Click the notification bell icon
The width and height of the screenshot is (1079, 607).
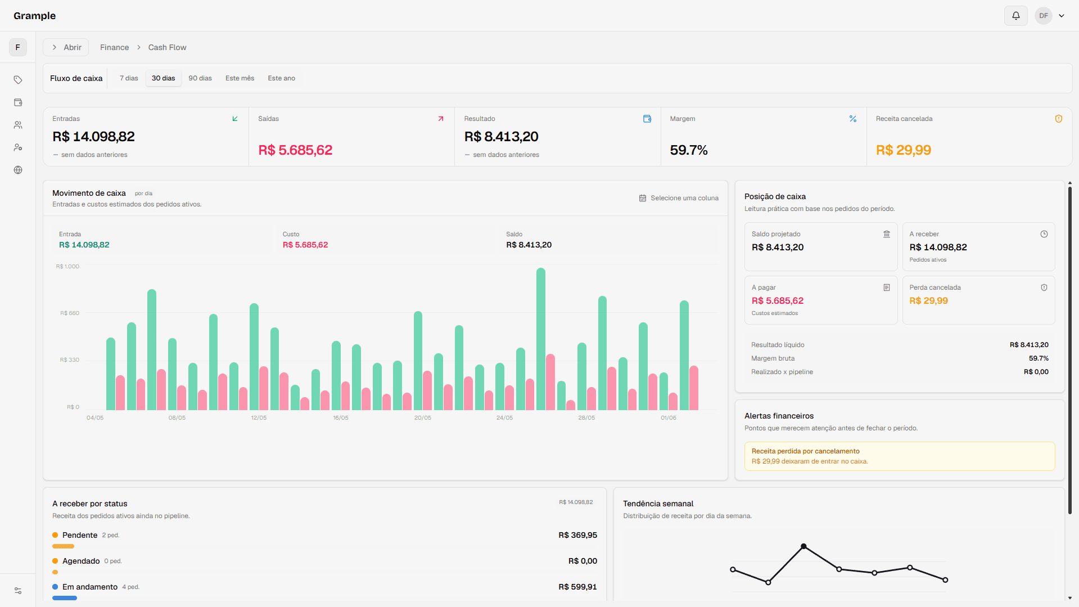point(1015,16)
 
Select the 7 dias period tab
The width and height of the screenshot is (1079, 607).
point(129,78)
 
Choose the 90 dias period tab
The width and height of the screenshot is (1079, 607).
point(200,78)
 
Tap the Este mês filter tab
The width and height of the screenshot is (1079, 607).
point(240,78)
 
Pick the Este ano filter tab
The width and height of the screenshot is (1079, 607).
point(281,78)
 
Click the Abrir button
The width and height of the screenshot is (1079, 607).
point(66,47)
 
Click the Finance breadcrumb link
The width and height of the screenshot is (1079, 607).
point(114,47)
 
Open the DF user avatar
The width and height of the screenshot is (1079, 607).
point(1043,16)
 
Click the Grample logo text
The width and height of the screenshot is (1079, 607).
point(34,16)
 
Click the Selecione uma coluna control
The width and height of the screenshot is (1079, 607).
point(679,198)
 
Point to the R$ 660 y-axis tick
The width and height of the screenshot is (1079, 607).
point(70,313)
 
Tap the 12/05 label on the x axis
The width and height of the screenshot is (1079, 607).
point(259,418)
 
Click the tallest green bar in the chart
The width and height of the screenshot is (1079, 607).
point(541,339)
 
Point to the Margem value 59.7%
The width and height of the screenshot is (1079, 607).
point(689,150)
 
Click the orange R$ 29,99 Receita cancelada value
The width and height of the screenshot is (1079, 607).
point(903,150)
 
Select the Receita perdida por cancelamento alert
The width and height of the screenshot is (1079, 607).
point(899,456)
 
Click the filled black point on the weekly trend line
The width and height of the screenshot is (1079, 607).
point(803,546)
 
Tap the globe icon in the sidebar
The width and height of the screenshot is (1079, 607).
point(18,170)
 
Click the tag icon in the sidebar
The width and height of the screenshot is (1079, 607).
point(18,80)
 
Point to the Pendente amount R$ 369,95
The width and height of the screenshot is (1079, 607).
point(577,535)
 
